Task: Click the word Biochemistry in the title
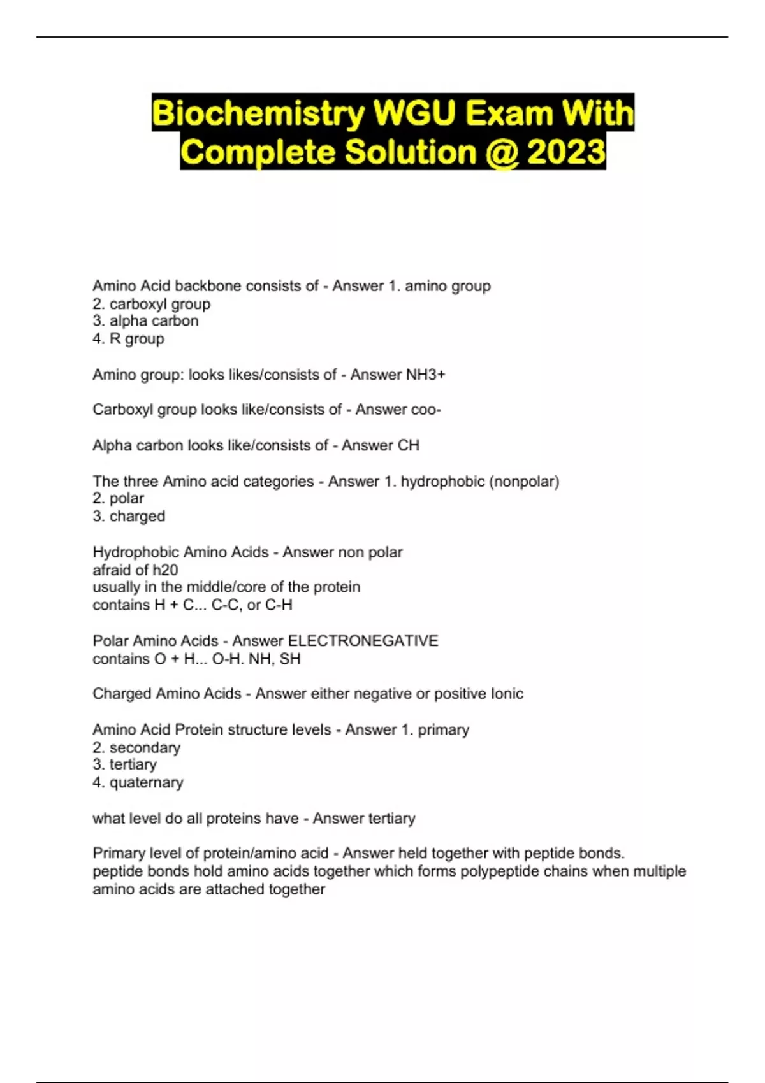pos(258,113)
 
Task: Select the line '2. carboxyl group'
pos(151,304)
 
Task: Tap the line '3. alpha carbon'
pos(145,321)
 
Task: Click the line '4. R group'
pos(128,339)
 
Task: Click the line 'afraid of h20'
pos(135,570)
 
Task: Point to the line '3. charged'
pos(129,516)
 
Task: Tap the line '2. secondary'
pos(136,747)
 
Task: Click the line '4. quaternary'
pos(138,782)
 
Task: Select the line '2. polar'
pos(118,498)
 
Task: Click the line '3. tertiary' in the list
pos(124,764)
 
